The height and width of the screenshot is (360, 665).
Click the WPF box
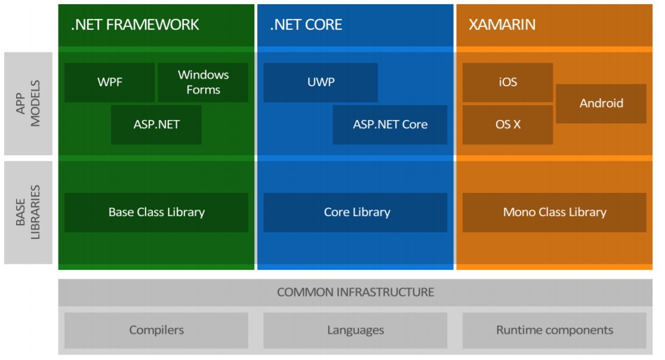tap(110, 82)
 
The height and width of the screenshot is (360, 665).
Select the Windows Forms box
tap(203, 82)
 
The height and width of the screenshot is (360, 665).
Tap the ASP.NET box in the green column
tap(156, 125)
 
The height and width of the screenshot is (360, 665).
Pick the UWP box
tap(321, 82)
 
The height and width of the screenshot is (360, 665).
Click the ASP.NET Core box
tap(390, 125)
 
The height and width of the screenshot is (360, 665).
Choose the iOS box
tap(507, 82)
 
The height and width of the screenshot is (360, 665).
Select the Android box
tap(601, 103)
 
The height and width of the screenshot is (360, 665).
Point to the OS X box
tap(507, 125)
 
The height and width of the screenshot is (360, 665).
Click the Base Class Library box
tap(156, 212)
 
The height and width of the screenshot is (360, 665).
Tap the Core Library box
tap(356, 212)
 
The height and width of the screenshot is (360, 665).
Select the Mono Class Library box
tap(555, 212)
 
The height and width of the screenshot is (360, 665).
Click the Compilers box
tap(156, 330)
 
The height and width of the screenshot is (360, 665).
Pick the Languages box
tap(356, 330)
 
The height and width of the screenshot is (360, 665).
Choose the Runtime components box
tap(555, 330)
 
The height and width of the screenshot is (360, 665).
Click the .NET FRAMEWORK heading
tap(135, 24)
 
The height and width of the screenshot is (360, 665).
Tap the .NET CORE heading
tap(306, 24)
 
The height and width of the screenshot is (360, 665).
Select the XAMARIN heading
tap(502, 24)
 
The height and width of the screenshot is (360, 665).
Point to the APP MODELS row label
tap(28, 103)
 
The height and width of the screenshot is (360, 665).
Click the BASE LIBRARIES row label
tap(28, 212)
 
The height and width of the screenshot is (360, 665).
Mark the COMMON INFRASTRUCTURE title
tap(356, 293)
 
